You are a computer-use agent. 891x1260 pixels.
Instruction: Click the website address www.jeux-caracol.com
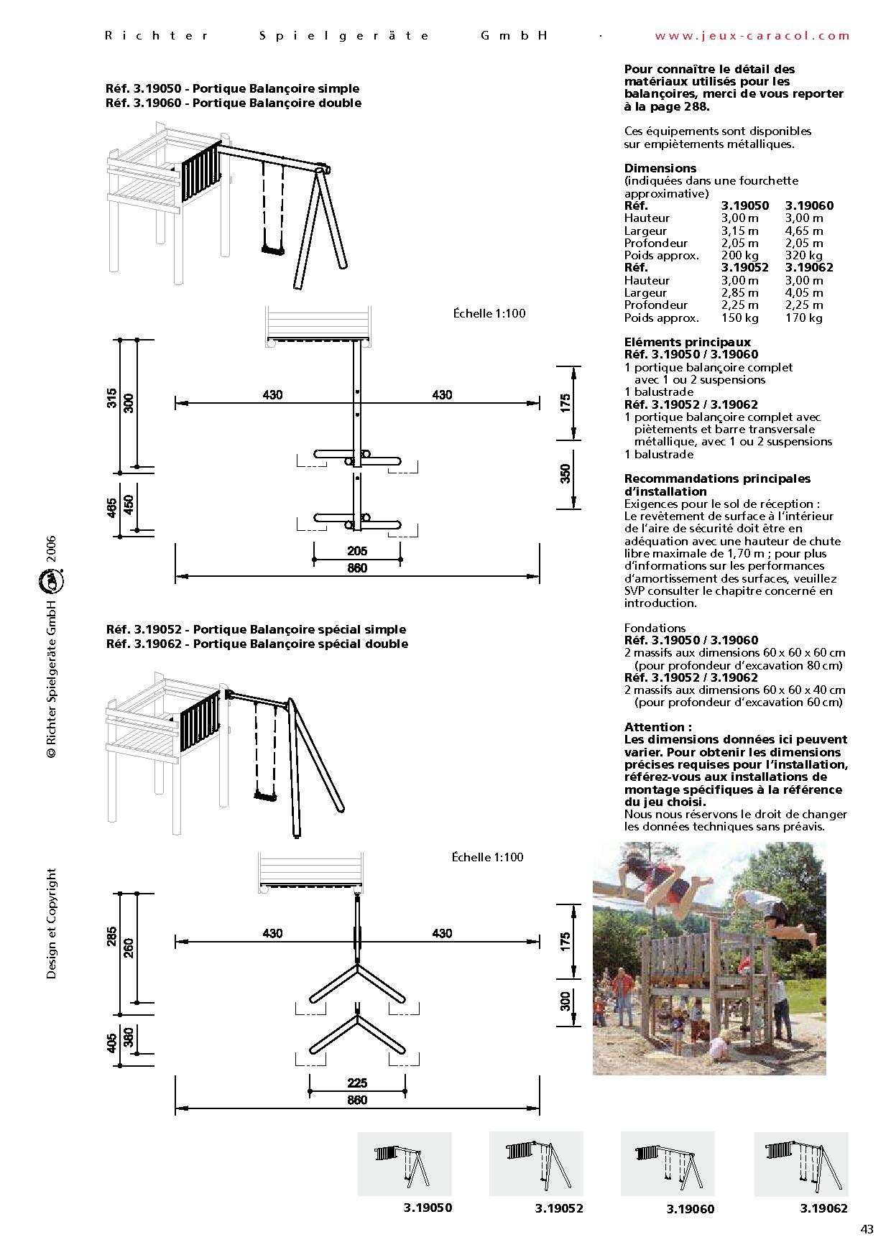[x=752, y=35]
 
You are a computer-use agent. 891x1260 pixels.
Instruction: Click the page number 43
[x=867, y=1229]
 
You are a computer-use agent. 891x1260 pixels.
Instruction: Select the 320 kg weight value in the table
[x=804, y=255]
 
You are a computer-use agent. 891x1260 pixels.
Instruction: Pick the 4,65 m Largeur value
[x=804, y=231]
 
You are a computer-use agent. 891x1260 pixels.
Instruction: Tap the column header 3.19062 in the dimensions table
[x=809, y=267]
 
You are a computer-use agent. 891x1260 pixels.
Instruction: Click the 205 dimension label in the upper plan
[x=357, y=551]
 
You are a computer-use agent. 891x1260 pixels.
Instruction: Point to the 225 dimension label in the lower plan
[x=357, y=1083]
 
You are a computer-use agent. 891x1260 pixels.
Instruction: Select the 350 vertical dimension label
[x=565, y=473]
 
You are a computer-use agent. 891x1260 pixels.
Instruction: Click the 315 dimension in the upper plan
[x=111, y=398]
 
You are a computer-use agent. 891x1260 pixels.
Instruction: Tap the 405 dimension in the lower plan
[x=112, y=1043]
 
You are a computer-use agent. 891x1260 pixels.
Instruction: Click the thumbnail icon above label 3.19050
[x=405, y=1163]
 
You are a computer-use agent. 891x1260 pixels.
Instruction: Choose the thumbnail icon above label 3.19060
[x=667, y=1163]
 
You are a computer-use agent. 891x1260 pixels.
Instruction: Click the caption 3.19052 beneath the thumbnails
[x=558, y=1208]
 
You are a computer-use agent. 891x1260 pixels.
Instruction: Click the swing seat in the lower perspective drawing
[x=264, y=796]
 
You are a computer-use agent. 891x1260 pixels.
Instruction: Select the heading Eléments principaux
[x=687, y=342]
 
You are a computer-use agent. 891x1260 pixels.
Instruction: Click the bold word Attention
[x=657, y=727]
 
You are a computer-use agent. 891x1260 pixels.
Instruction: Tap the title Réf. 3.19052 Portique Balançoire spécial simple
[x=256, y=629]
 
